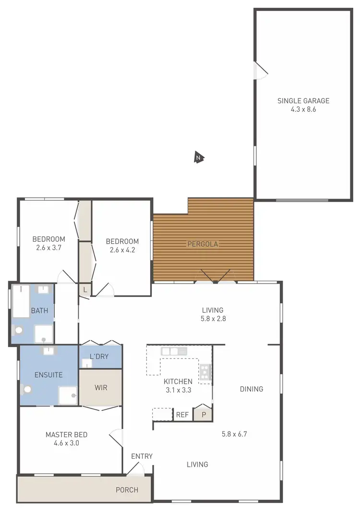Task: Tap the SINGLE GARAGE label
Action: coord(303,101)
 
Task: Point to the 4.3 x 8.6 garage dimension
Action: coord(303,109)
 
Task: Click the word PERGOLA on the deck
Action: coord(203,244)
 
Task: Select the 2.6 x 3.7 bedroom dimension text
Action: coord(48,248)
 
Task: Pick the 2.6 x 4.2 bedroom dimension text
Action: coord(122,250)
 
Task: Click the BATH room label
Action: coord(39,310)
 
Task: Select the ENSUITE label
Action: coord(48,375)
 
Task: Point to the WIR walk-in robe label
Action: coord(101,387)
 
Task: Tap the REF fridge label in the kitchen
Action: coord(182,415)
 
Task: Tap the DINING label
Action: coord(252,389)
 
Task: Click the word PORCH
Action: coord(127,490)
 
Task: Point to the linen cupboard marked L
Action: coord(85,289)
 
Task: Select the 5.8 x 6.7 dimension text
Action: coord(234,434)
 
